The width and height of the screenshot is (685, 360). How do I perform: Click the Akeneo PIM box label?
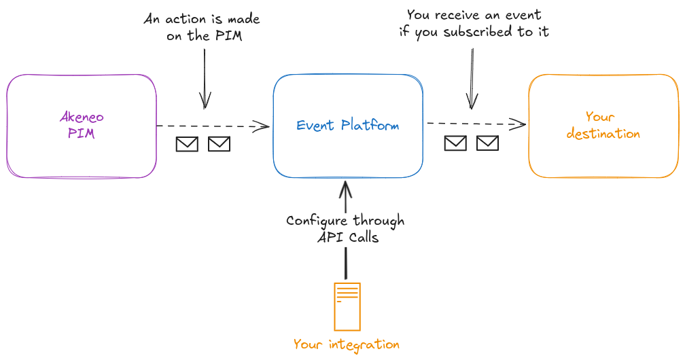click(82, 125)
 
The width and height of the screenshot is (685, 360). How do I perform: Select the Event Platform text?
click(348, 126)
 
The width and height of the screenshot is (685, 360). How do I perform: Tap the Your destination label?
click(603, 126)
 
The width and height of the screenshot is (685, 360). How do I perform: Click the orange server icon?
click(347, 306)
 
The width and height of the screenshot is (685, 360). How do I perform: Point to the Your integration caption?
click(347, 344)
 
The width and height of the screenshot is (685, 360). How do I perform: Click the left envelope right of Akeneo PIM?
click(187, 144)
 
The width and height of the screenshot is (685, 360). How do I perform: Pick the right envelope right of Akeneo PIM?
click(219, 144)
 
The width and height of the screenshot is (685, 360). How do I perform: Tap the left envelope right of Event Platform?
click(455, 143)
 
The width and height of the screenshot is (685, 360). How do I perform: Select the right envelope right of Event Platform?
click(487, 143)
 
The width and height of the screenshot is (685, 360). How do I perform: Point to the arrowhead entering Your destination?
click(519, 124)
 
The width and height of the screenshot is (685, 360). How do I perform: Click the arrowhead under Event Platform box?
click(346, 187)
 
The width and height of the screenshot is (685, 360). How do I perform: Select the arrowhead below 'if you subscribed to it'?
click(470, 102)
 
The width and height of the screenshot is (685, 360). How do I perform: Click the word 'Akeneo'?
click(82, 117)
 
